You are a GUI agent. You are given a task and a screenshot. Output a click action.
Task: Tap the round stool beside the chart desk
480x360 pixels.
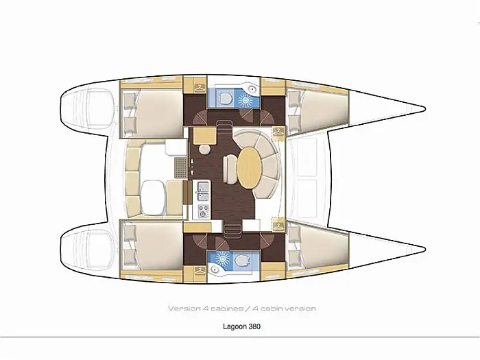coord(204,149)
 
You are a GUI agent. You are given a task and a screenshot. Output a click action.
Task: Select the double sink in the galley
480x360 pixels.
coord(203,191)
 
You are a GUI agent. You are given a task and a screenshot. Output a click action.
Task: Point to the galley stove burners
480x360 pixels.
coord(203,211)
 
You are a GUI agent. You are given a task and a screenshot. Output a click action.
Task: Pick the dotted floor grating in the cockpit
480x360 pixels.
coord(180,167)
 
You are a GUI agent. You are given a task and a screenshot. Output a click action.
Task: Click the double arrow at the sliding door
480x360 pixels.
coord(192,167)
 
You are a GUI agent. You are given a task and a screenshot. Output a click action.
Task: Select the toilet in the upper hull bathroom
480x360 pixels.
coord(226,99)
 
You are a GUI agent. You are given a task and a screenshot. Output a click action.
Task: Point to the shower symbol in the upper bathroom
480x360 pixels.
coord(245,99)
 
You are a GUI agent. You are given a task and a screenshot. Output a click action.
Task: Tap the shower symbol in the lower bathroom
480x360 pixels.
coord(223,259)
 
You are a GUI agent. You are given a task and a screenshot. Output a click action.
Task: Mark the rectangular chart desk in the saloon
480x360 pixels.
coord(204,136)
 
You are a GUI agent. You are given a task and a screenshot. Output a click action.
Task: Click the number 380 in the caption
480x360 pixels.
coord(254,326)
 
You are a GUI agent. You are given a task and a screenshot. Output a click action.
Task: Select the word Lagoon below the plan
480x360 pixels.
coord(235,326)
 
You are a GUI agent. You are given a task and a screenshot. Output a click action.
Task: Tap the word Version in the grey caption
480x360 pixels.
coord(184,309)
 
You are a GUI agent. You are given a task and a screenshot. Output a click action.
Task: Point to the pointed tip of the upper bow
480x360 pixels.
coord(425,108)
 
